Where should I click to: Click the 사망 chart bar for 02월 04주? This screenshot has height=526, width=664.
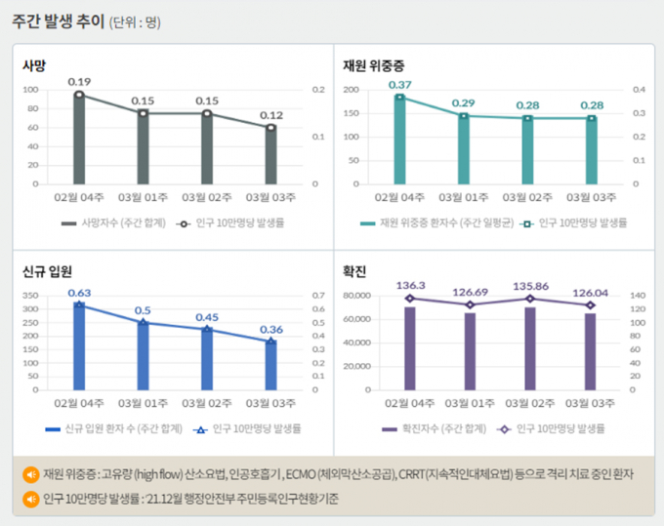click(x=79, y=139)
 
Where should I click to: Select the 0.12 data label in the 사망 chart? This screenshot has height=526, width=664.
click(x=270, y=115)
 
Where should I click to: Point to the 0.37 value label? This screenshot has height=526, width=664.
click(x=399, y=85)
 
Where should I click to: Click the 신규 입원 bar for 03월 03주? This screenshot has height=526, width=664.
click(x=270, y=365)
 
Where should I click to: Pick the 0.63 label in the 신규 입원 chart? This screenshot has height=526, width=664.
click(x=79, y=292)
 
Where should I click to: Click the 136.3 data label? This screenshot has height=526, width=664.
click(x=410, y=285)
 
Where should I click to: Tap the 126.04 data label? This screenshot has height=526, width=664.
click(x=589, y=291)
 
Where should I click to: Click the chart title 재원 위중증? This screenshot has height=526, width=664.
click(x=373, y=65)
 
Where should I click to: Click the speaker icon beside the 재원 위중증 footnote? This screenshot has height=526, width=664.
click(x=29, y=475)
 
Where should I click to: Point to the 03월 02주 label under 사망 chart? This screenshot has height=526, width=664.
click(x=206, y=197)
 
